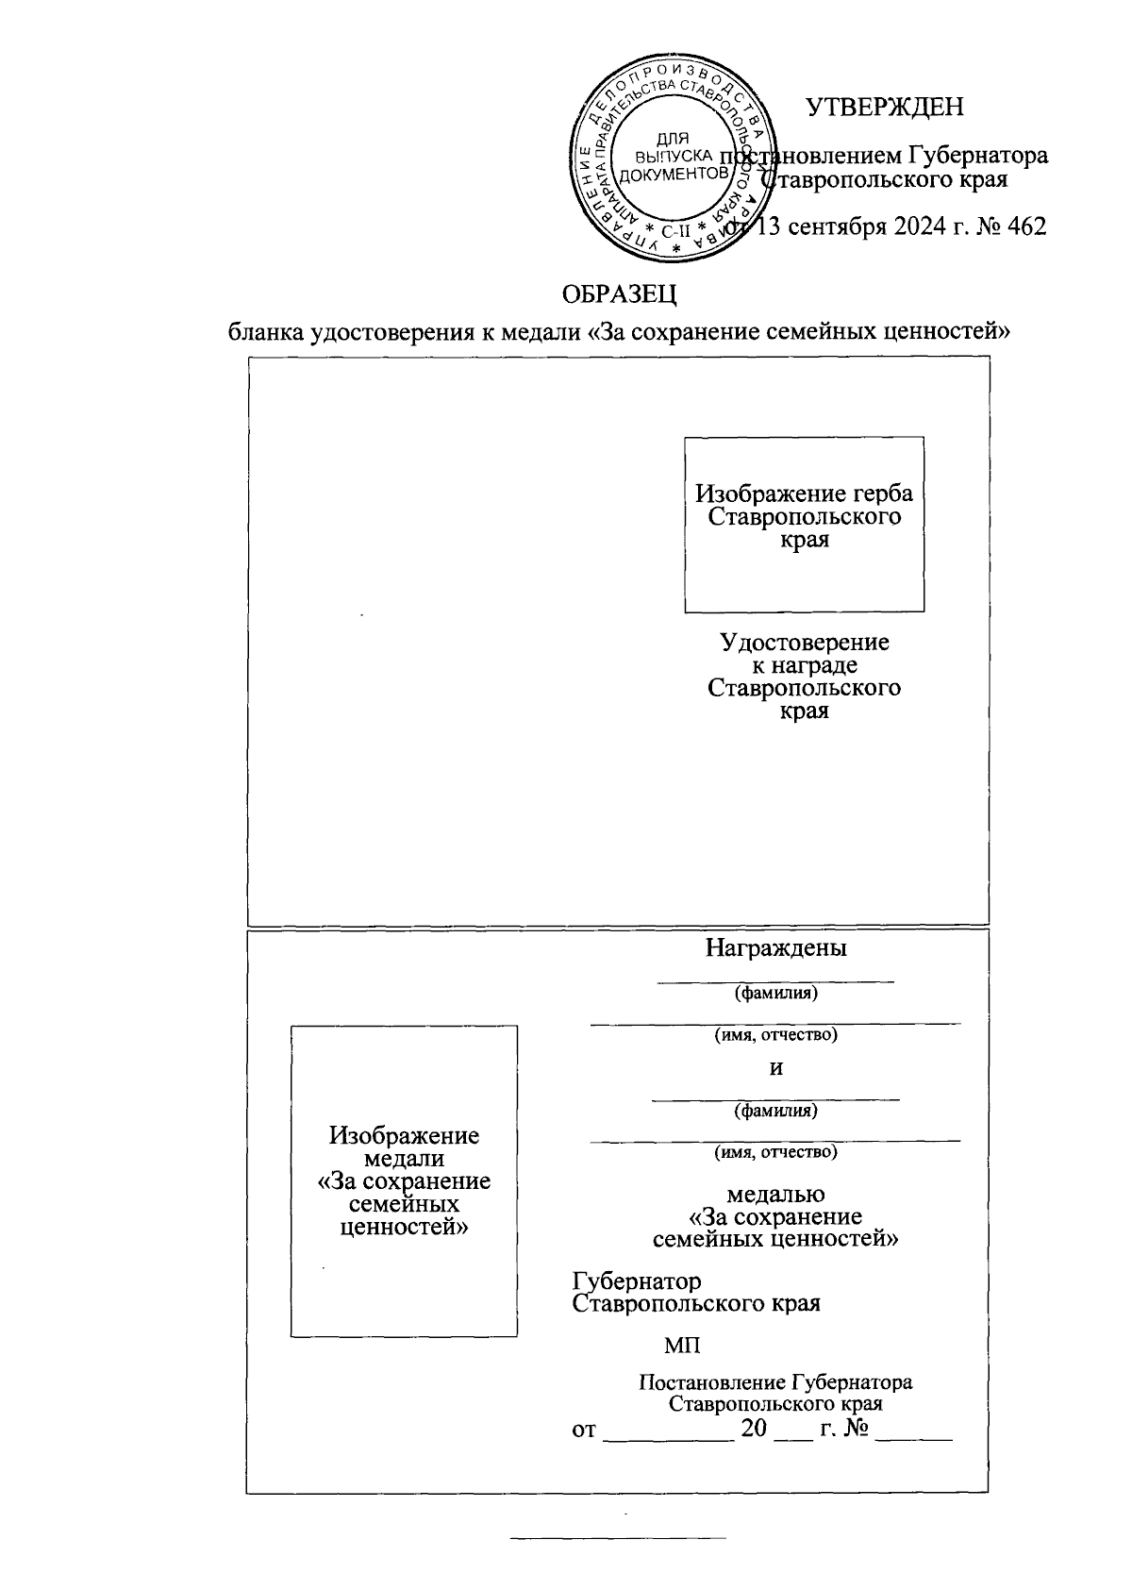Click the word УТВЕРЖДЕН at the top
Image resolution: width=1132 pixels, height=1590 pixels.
coord(885,108)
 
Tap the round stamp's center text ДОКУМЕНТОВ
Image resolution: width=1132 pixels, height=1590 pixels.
coord(674,175)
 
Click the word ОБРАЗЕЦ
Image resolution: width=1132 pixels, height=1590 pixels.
coord(620,294)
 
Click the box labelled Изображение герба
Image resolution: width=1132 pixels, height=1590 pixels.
coord(804,524)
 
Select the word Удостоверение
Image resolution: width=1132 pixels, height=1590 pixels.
coord(804,643)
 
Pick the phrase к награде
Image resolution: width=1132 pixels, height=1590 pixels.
coord(804,665)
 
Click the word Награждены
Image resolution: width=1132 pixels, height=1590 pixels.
coord(775,948)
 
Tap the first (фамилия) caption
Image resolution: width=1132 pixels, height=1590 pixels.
coord(775,993)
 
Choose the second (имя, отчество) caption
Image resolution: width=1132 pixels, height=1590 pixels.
coord(775,1151)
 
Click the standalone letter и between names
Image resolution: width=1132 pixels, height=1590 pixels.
coord(776,1069)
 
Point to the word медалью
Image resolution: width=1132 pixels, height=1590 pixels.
coord(775,1196)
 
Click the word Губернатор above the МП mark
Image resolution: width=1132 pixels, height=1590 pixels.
coord(637,1281)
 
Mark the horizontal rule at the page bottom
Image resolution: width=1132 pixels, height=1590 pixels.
coord(618,1538)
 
